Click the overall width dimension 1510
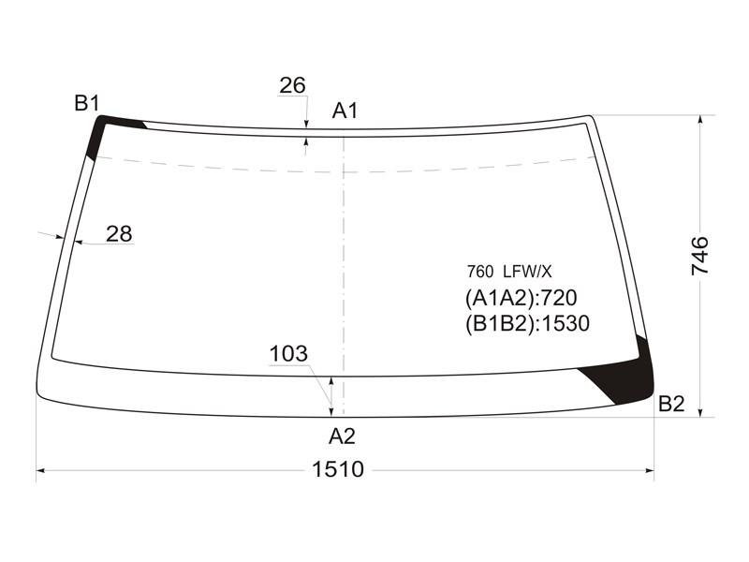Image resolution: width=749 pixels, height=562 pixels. coord(338,469)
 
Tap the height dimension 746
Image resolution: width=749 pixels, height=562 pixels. coord(700,256)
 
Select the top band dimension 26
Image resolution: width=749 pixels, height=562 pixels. coord(292,85)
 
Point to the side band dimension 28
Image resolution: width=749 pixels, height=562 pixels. coord(119,233)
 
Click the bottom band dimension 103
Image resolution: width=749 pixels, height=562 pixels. coord(288,354)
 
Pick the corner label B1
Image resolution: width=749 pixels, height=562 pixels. coord(87,103)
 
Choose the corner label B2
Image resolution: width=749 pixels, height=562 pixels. coord(671,404)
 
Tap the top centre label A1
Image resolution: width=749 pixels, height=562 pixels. coord(345,111)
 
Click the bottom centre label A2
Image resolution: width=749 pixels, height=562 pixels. coord(342,436)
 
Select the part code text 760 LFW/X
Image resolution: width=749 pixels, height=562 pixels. coord(509,272)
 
